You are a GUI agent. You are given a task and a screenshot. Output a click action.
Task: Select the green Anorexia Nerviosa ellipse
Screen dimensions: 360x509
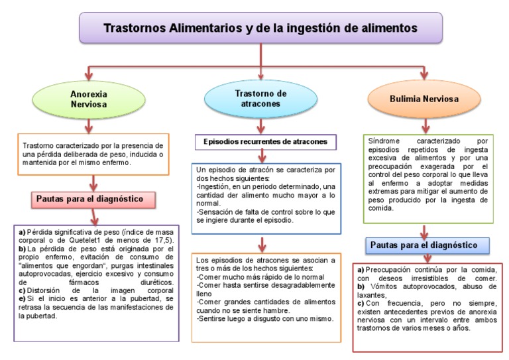pos(89,99)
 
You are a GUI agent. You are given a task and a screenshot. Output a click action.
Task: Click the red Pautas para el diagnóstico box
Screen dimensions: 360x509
pos(92,199)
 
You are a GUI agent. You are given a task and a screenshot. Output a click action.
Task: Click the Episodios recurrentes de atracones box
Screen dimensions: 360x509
pos(265,142)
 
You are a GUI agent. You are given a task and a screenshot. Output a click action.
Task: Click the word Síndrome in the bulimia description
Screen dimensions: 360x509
pos(384,141)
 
